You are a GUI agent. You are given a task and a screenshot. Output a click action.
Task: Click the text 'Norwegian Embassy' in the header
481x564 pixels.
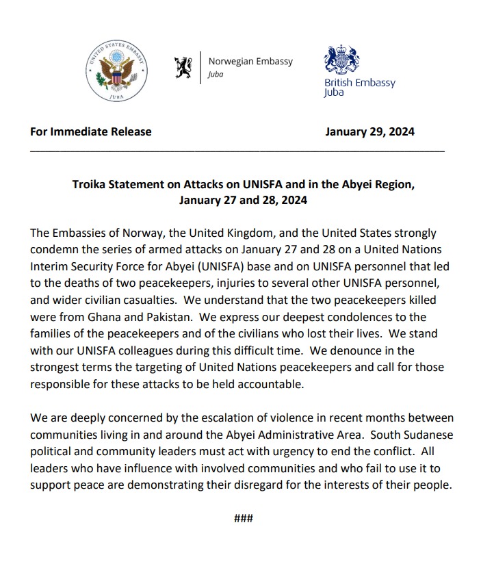pos(250,62)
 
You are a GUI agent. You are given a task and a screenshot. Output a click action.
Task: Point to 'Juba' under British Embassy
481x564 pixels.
pos(334,93)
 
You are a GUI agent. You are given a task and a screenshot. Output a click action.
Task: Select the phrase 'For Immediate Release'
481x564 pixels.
pos(91,131)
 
